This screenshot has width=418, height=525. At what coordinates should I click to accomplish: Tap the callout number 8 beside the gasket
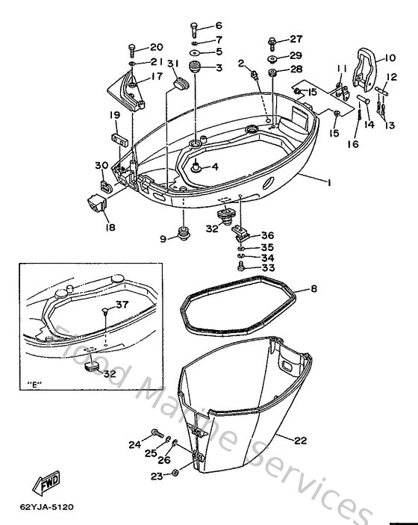313,288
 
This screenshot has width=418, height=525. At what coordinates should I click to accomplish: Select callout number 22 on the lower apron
300,441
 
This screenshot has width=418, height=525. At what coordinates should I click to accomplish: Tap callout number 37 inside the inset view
122,304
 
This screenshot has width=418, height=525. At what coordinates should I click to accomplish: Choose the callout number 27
296,39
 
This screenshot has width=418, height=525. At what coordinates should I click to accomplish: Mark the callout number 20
156,47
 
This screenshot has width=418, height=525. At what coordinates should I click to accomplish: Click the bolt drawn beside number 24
158,432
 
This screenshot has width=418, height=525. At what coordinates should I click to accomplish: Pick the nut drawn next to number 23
174,474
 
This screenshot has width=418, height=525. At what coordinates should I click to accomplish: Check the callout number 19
116,115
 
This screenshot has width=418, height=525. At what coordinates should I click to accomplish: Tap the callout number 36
267,234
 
